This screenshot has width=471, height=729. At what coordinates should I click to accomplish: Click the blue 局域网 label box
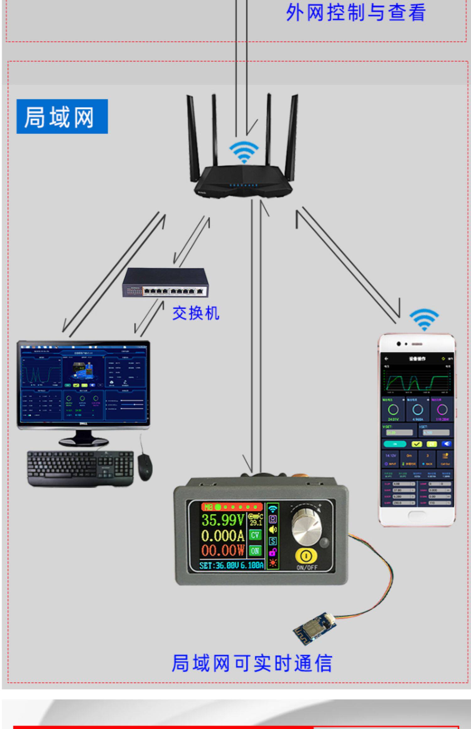(62, 116)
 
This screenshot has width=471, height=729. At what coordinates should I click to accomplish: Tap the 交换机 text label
(196, 313)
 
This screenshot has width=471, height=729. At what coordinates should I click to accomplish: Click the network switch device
(165, 283)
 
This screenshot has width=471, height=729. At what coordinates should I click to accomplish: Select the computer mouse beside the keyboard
(145, 466)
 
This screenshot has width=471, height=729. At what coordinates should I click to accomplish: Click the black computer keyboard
(80, 468)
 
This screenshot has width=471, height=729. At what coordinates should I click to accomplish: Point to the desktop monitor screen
(83, 385)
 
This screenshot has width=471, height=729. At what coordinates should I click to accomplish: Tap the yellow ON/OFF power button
(306, 556)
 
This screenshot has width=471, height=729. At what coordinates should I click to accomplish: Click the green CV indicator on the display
(255, 535)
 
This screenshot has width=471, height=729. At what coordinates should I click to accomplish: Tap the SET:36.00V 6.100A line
(231, 565)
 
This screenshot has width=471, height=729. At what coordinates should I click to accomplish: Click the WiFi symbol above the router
(244, 152)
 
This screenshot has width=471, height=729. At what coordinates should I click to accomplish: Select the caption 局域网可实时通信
(252, 663)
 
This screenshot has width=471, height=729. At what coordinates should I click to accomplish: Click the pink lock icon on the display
(273, 552)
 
